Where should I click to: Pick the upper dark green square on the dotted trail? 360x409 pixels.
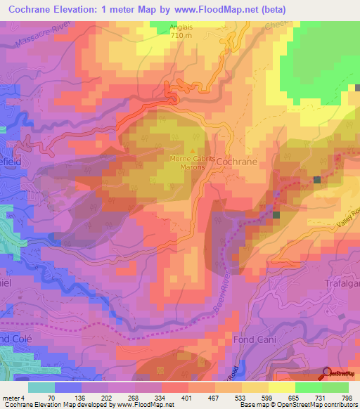pyautogui.click(x=317, y=181)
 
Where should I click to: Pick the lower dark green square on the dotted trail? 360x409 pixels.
pyautogui.click(x=276, y=215)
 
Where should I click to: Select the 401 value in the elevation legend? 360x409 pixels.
pyautogui.click(x=188, y=398)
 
